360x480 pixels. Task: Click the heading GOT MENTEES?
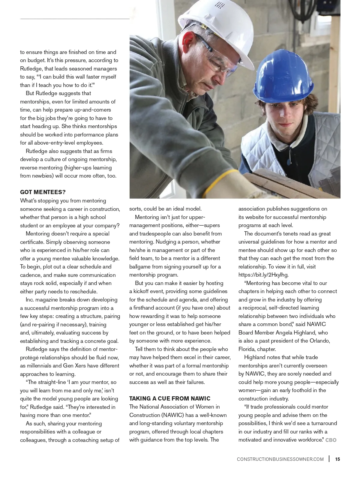click(43, 192)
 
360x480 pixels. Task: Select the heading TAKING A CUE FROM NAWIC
click(170, 398)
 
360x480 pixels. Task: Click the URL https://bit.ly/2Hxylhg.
click(263, 274)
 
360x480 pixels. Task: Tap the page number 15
click(337, 459)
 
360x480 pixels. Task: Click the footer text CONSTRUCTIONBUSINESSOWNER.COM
click(280, 459)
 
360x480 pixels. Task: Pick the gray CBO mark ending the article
click(331, 440)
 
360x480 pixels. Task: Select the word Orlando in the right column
click(319, 341)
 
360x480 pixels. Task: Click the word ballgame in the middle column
click(141, 266)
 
